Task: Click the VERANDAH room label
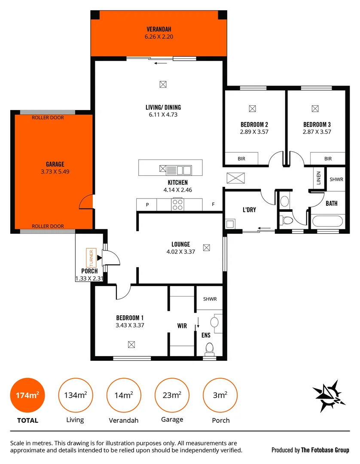click(x=159, y=29)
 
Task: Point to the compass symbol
click(x=330, y=394)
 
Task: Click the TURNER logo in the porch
click(x=90, y=258)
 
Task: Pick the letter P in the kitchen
click(x=147, y=205)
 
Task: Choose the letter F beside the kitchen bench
click(x=213, y=205)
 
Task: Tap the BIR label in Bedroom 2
click(x=241, y=159)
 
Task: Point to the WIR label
click(x=182, y=326)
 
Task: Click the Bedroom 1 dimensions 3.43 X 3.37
click(x=130, y=325)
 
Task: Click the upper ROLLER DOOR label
click(x=48, y=118)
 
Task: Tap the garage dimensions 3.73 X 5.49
click(x=55, y=171)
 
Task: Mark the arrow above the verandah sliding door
click(x=161, y=63)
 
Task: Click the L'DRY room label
click(x=249, y=210)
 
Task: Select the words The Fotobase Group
click(x=325, y=450)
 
